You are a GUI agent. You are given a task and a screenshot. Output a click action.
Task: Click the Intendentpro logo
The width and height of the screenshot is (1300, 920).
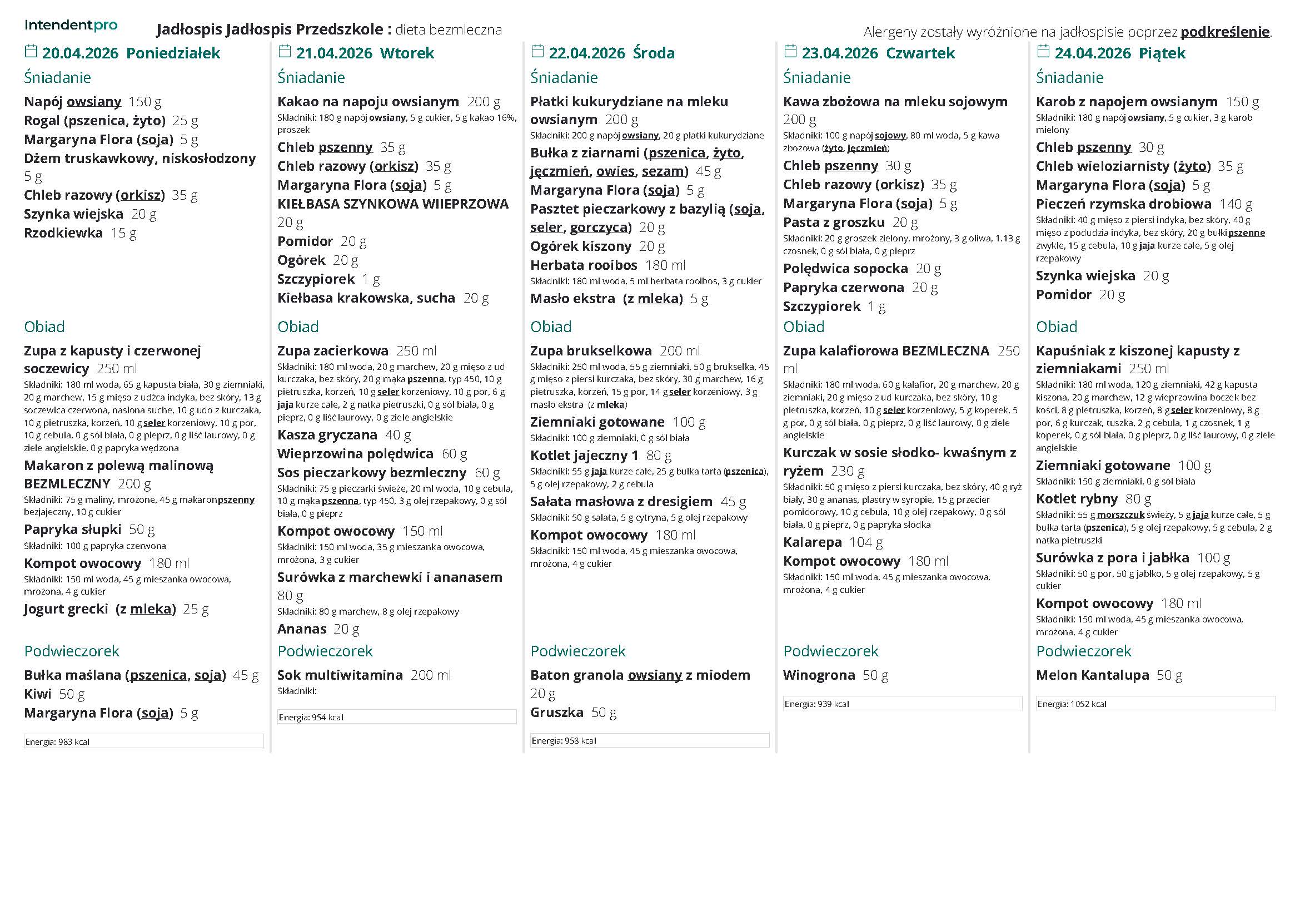71,25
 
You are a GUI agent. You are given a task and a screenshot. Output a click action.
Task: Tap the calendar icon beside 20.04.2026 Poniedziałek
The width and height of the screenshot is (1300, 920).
31,52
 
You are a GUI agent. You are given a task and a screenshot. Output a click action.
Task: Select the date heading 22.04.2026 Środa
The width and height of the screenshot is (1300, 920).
611,53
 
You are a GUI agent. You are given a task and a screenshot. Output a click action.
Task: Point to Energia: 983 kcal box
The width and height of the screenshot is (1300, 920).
143,741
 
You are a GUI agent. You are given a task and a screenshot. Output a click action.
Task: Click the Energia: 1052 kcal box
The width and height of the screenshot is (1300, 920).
1155,704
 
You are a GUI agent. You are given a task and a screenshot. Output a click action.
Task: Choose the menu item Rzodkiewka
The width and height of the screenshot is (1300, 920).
63,233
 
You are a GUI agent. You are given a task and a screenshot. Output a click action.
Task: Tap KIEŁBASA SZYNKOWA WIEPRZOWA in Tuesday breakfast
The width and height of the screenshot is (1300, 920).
393,204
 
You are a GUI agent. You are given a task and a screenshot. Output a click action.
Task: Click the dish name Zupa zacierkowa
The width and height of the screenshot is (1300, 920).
333,350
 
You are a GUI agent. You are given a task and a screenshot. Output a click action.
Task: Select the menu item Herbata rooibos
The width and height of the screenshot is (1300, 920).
583,265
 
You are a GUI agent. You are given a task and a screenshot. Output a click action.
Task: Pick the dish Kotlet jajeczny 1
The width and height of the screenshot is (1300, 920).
584,456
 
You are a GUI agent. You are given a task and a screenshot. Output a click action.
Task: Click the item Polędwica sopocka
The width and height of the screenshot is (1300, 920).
845,269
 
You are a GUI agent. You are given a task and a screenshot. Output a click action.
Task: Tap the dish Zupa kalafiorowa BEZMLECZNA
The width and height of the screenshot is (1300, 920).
885,350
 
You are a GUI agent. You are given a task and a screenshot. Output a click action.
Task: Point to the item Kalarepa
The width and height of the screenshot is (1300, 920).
812,542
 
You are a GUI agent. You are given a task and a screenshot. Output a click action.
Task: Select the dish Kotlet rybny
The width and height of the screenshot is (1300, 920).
1077,499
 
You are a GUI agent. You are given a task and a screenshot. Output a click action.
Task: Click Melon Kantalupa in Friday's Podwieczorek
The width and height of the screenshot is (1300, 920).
1092,675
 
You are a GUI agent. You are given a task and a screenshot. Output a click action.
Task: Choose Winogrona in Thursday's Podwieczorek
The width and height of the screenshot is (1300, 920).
819,675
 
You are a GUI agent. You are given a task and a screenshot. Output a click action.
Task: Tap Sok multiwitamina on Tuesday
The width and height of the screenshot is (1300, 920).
340,675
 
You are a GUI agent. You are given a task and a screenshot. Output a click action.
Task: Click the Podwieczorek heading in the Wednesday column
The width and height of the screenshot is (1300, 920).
577,651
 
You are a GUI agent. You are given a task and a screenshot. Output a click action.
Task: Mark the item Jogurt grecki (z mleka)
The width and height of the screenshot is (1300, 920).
99,609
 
